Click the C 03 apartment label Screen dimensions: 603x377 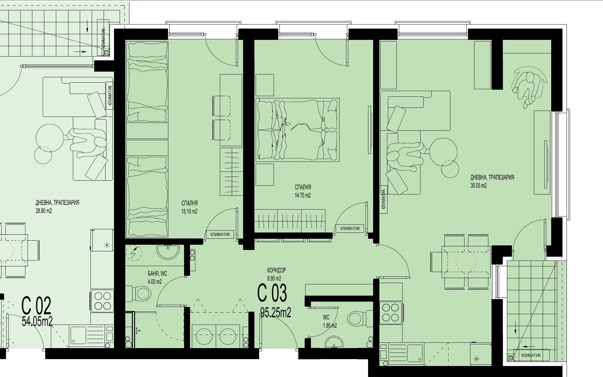tap(272, 293)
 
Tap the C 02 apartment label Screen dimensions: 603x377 tap(36, 306)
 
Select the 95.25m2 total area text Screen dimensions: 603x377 tap(276, 312)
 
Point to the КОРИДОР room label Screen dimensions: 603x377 tap(276, 270)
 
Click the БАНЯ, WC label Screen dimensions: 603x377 tap(157, 274)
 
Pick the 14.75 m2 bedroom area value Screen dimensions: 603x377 tap(302, 195)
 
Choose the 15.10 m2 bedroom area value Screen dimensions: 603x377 tap(189, 211)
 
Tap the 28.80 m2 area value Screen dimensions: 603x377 tap(44, 211)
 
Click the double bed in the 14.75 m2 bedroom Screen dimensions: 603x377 tap(297, 130)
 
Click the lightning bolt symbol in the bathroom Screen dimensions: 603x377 tap(133, 253)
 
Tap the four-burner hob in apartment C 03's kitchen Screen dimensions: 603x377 tap(391, 313)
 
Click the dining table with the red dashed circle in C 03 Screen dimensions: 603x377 tap(466, 261)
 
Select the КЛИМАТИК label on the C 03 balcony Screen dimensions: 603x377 tap(531, 355)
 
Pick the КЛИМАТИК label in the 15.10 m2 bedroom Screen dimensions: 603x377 tap(220, 234)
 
